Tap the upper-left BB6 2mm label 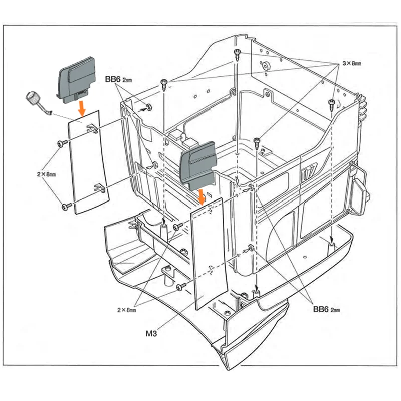click(x=118, y=80)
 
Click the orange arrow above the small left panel click(x=81, y=106)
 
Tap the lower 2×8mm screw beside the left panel click(x=64, y=206)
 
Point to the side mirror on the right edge click(x=360, y=195)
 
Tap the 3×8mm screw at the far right click(x=331, y=104)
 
